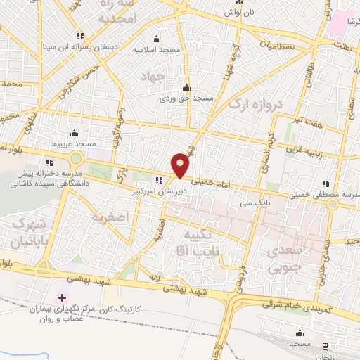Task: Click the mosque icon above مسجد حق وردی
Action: [x=186, y=89]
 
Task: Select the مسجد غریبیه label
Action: [x=74, y=144]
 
